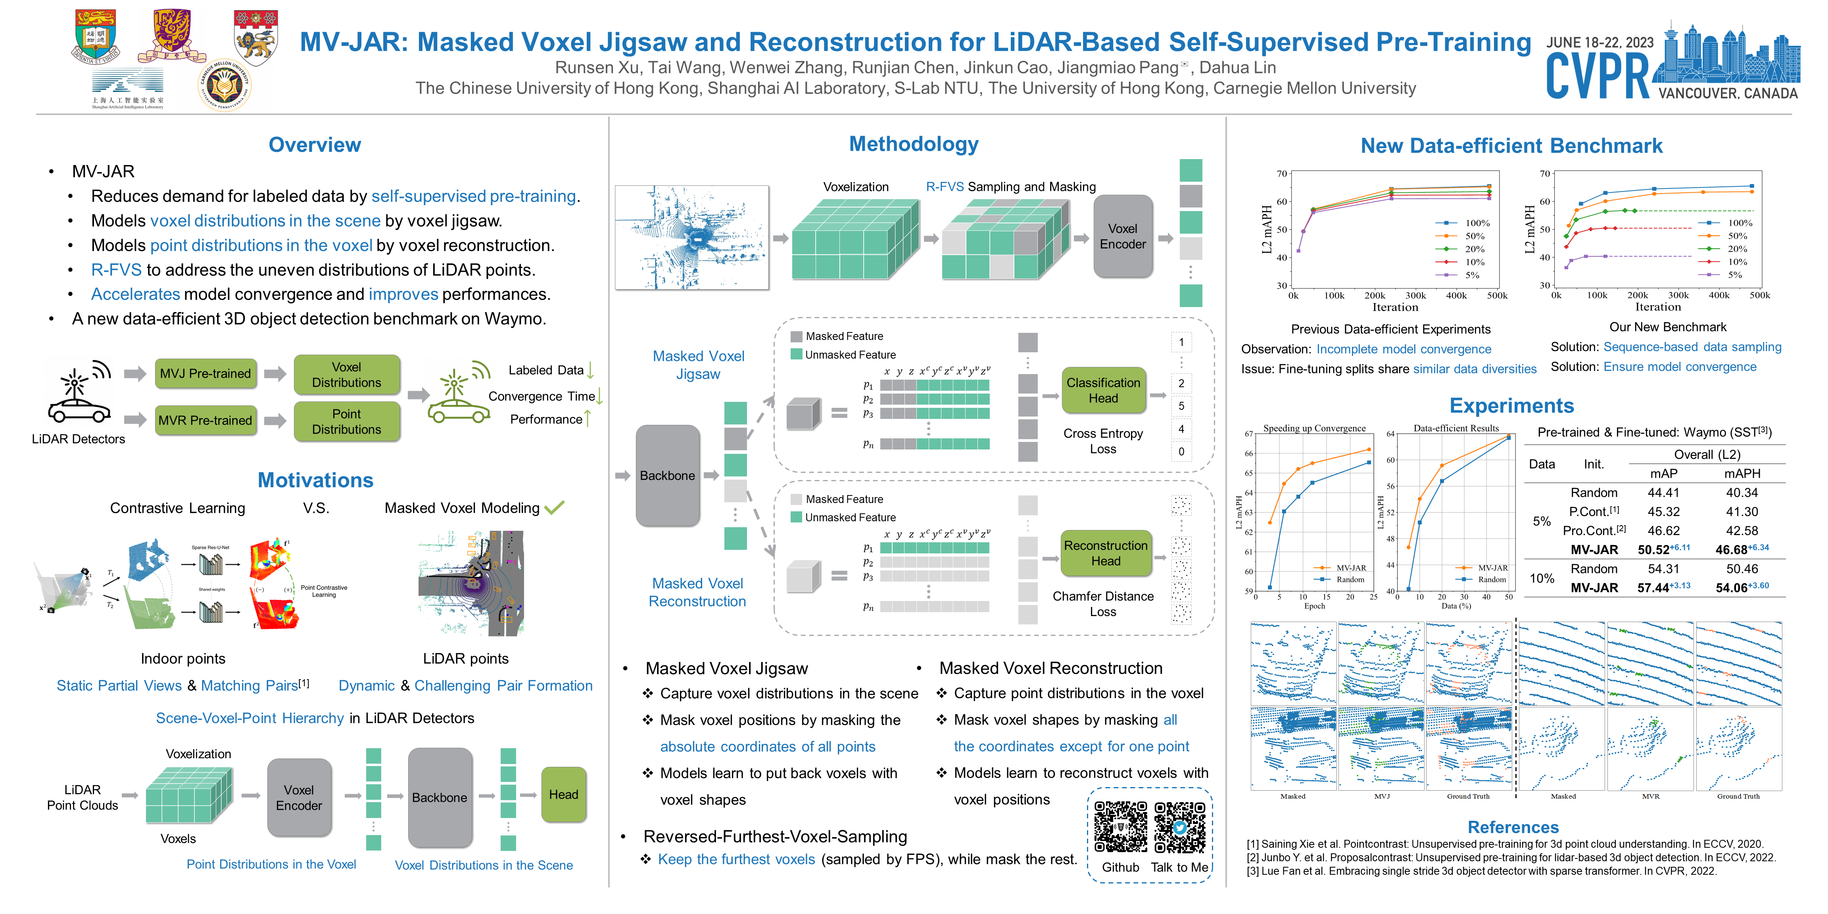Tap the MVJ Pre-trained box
[205, 373]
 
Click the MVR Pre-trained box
[205, 420]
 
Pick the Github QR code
[1121, 827]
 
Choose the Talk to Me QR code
[1179, 827]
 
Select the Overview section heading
[314, 145]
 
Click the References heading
[1513, 828]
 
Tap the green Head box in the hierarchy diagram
[563, 795]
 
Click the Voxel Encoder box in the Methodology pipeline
[1123, 236]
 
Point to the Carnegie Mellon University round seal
[224, 86]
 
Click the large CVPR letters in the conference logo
[1598, 77]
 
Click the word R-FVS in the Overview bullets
[116, 270]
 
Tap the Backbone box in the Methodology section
[667, 476]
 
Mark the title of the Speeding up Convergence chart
[1314, 428]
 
